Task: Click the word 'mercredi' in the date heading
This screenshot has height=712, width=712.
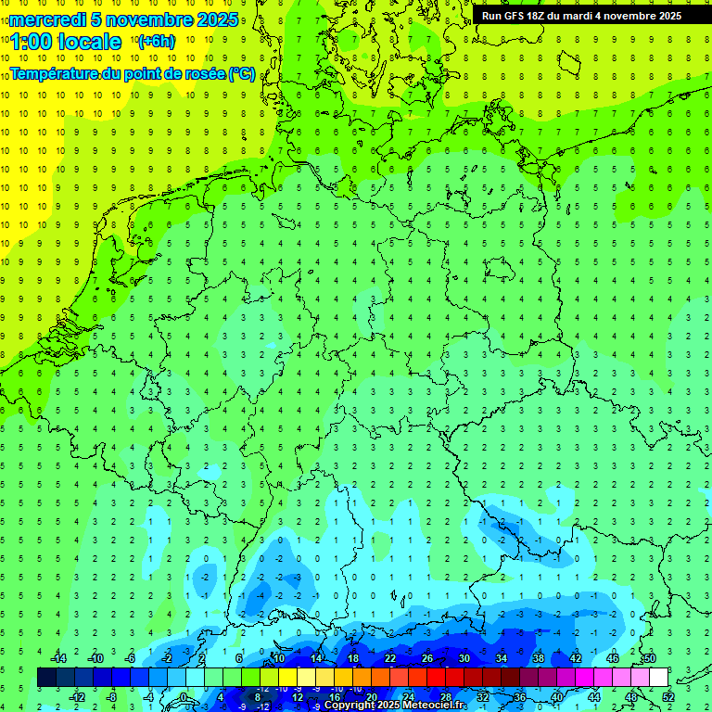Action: pyautogui.click(x=48, y=19)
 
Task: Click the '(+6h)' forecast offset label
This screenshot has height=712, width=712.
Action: pyautogui.click(x=156, y=42)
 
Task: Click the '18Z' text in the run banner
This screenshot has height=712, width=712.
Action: pyautogui.click(x=539, y=16)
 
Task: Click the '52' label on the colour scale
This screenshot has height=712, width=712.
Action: pyautogui.click(x=667, y=697)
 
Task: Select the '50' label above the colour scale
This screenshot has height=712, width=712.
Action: pyautogui.click(x=649, y=658)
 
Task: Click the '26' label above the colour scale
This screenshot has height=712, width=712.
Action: pyautogui.click(x=427, y=658)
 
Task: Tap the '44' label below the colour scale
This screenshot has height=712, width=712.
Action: pyautogui.click(x=594, y=697)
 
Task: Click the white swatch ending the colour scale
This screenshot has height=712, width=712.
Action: pyautogui.click(x=658, y=678)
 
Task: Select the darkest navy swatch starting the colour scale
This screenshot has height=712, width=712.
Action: pyautogui.click(x=46, y=678)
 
